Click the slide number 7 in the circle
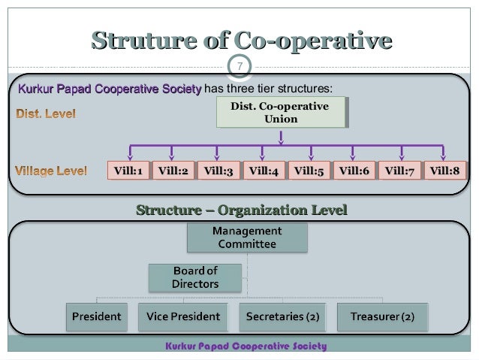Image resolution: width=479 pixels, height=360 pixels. coord(239,68)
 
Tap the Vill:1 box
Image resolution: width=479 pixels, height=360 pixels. coord(128,171)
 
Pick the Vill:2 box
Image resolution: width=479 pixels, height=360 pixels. coord(173,171)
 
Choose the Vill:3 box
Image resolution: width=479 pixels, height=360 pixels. coord(218,171)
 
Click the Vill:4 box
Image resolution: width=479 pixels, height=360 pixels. coord(264,171)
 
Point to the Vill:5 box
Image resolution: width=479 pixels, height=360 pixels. coord(309,171)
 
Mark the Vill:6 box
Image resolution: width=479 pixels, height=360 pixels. coord(354,171)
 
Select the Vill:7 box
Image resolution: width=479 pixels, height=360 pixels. coord(399,171)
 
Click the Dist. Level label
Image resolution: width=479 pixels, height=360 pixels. coord(46,115)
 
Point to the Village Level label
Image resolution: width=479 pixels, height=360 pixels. coord(51,171)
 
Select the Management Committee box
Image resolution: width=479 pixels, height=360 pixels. coord(247,237)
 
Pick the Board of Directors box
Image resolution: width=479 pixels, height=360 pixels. coord(195,277)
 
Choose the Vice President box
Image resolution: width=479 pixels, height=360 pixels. coord(183,317)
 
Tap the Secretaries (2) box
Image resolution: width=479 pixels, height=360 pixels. coord(282,317)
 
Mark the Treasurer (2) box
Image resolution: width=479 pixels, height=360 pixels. coord(382,317)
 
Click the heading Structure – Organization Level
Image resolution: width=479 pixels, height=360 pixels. coord(242,210)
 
